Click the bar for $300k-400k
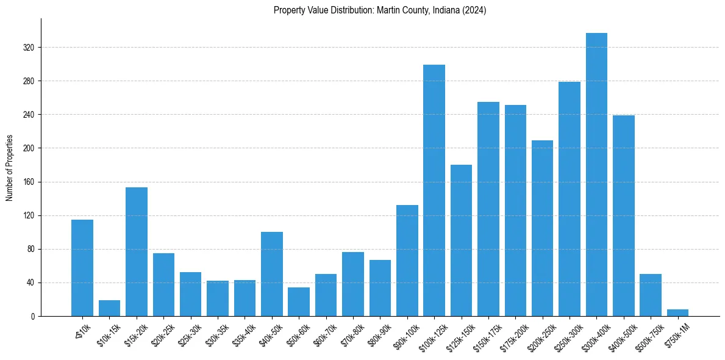[596, 175]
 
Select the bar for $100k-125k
[434, 190]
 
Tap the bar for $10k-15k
[110, 308]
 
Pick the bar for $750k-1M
[677, 313]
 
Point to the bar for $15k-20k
[137, 251]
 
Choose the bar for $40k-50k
[272, 274]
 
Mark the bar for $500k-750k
[651, 295]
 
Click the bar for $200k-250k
[542, 228]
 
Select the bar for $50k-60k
[299, 302]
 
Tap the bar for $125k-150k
[461, 240]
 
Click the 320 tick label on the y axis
[29, 48]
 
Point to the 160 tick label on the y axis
[29, 182]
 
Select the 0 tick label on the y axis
[33, 317]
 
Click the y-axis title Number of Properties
[9, 168]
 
